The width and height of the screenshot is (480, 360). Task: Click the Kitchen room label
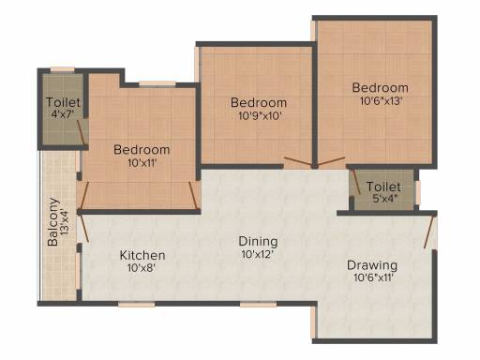(x=142, y=255)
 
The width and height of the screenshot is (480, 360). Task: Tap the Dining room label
(x=258, y=241)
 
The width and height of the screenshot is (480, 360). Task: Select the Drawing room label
(x=372, y=265)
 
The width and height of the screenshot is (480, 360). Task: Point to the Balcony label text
(x=53, y=222)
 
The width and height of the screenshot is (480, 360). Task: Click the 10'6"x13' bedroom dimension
(x=381, y=101)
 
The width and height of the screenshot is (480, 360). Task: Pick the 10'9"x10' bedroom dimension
(x=261, y=116)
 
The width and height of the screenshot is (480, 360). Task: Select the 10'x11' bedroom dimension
(x=142, y=163)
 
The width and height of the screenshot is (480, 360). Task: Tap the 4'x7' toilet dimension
(x=63, y=114)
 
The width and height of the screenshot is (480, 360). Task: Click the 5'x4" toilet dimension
(x=385, y=198)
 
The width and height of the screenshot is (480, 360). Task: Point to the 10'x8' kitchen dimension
(x=142, y=268)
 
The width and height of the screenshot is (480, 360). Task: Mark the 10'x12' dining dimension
(x=258, y=254)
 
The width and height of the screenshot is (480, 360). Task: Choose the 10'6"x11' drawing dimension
(x=373, y=277)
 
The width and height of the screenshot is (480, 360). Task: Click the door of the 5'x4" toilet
(x=356, y=182)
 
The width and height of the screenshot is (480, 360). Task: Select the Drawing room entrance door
(x=428, y=232)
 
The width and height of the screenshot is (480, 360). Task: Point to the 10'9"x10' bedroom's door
(x=298, y=161)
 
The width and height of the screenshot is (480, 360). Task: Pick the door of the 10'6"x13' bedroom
(x=331, y=161)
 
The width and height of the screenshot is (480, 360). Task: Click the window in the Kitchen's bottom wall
(x=137, y=304)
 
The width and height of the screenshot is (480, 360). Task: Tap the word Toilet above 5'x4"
(x=383, y=187)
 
